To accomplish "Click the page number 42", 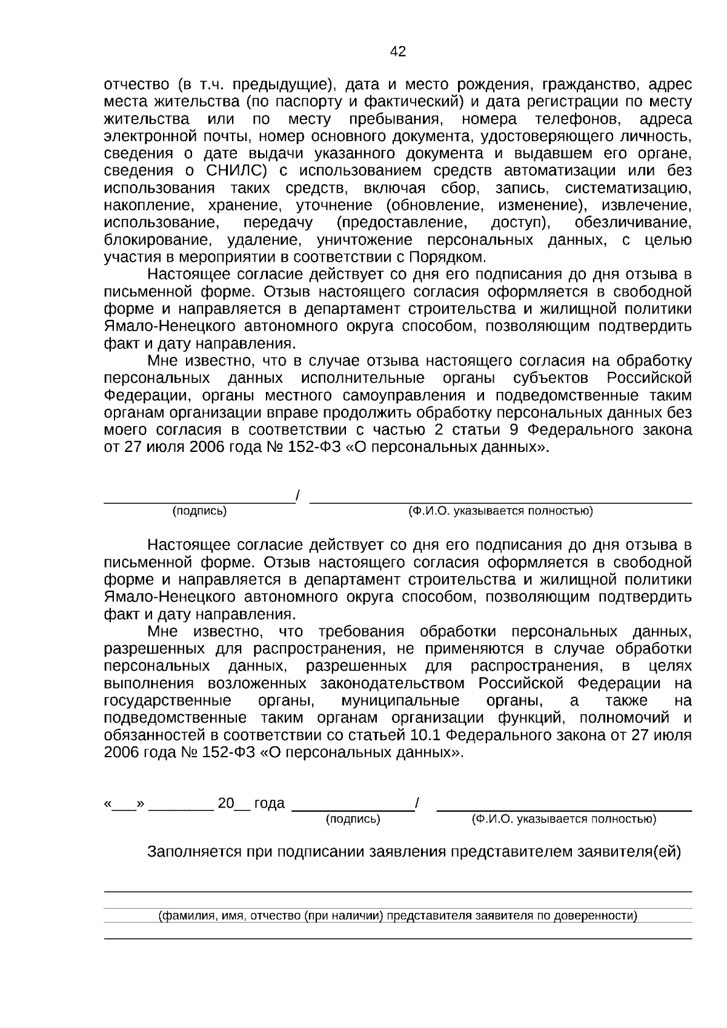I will pyautogui.click(x=398, y=52).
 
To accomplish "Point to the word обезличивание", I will pyautogui.click(x=632, y=223).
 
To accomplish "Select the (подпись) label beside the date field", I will pyautogui.click(x=353, y=820).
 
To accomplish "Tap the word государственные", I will pyautogui.click(x=168, y=701).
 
